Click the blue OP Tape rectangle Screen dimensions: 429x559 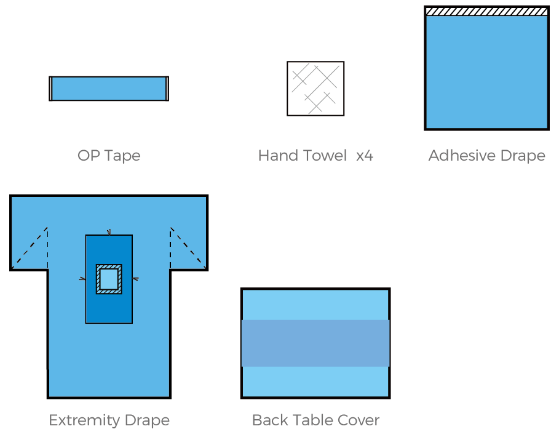[x=109, y=89]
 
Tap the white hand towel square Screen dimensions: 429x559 [x=315, y=89]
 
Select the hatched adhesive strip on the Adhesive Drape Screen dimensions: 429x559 [x=486, y=11]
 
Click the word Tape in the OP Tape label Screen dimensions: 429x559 [x=123, y=156]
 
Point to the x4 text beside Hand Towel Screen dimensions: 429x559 [x=364, y=156]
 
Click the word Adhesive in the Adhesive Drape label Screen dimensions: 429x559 [x=458, y=156]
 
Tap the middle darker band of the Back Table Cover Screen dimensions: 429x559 [x=315, y=343]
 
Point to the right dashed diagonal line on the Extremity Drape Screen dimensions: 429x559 [x=188, y=246]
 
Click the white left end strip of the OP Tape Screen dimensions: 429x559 [x=51, y=89]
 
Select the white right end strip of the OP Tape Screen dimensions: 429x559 [x=166, y=89]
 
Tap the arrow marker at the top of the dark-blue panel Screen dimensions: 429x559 [x=109, y=233]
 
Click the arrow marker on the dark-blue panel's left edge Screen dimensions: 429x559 [x=83, y=279]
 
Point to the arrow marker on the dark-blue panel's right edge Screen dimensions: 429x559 [x=135, y=279]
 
